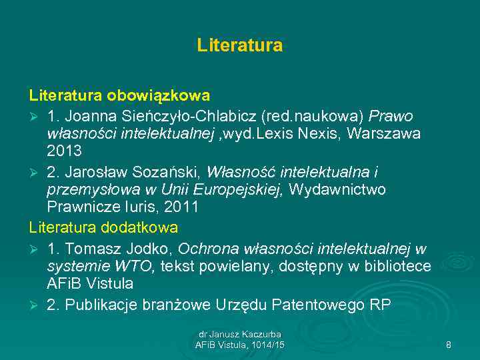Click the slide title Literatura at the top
point(239,45)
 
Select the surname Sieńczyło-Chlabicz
point(191,115)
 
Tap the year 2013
point(64,152)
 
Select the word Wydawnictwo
point(338,190)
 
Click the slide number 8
point(448,345)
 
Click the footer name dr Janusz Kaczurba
point(239,333)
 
